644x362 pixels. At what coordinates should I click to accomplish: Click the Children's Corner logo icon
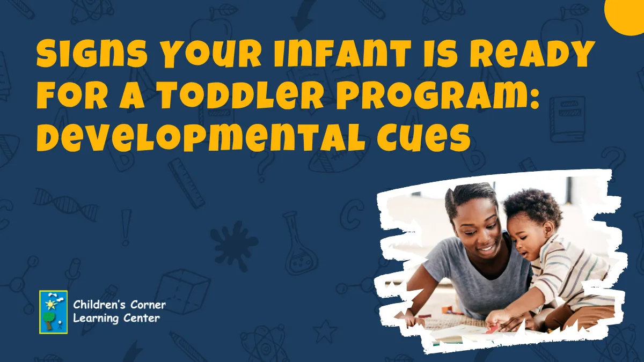(x=54, y=312)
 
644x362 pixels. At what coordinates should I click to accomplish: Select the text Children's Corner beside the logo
(x=119, y=305)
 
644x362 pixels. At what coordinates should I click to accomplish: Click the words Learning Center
(x=116, y=319)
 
